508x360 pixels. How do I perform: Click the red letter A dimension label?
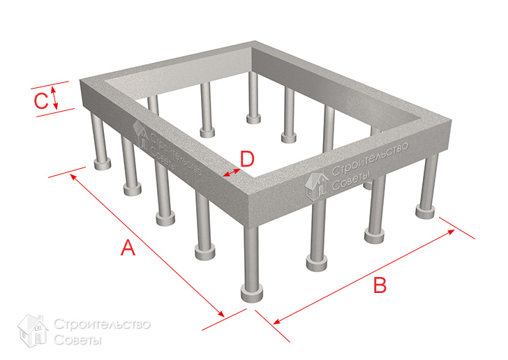click(128, 248)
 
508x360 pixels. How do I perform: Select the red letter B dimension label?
click(380, 285)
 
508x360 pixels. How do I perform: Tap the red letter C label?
click(41, 100)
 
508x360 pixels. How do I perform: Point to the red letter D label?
click(247, 159)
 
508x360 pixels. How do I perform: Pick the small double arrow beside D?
click(232, 172)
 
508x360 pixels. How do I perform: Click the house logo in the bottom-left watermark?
click(33, 331)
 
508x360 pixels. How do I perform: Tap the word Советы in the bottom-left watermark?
click(77, 340)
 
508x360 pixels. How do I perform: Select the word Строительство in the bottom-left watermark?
click(102, 324)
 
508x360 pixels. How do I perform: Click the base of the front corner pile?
click(252, 294)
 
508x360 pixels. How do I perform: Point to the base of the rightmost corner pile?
click(425, 212)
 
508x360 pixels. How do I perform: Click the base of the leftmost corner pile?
click(103, 164)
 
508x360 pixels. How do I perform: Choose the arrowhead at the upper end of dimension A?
click(73, 177)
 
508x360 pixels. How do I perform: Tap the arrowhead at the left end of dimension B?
click(277, 321)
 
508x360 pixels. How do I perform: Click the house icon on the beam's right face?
click(316, 186)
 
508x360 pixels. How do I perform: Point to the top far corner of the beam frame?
click(255, 41)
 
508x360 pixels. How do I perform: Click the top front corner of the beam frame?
click(247, 195)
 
